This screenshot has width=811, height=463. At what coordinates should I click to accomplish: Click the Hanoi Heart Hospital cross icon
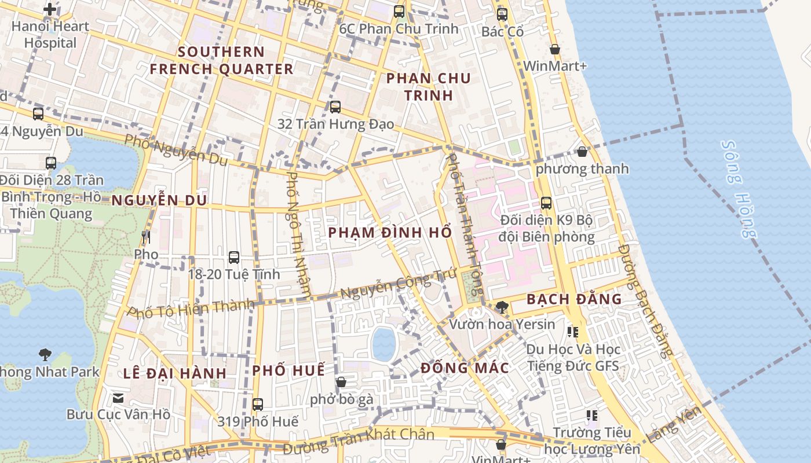pos(50,9)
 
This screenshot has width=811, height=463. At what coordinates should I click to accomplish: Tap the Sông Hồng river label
pos(740,189)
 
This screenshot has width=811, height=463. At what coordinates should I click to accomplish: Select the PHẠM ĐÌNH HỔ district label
pos(389,233)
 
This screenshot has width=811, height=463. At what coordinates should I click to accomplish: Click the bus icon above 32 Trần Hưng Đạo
pos(335,107)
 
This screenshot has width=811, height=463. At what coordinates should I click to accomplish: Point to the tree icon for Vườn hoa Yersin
pos(502,307)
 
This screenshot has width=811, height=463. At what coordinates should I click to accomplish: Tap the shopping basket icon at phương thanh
pos(582,152)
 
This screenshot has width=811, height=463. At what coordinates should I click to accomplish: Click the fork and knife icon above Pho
pos(145,237)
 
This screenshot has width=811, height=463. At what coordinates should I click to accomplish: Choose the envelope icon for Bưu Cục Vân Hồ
pos(118,398)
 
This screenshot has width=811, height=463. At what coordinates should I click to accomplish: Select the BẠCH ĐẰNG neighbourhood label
pos(573,299)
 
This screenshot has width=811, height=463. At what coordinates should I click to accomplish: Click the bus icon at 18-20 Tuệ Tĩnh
pos(234,257)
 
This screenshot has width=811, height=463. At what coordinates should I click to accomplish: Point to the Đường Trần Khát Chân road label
pos(359,440)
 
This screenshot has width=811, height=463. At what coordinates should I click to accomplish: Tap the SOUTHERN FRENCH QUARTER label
pos(221,60)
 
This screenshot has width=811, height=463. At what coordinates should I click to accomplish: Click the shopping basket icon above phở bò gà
pos(341,382)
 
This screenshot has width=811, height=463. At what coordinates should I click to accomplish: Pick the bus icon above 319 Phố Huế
pos(258,404)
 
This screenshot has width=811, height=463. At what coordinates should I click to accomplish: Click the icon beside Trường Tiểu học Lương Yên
pos(591,415)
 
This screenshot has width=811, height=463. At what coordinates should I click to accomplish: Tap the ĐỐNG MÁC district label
pos(465,368)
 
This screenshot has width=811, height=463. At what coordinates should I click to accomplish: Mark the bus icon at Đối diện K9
pos(546,203)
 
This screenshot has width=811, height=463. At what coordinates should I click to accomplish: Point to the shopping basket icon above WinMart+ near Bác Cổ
pos(554,49)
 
